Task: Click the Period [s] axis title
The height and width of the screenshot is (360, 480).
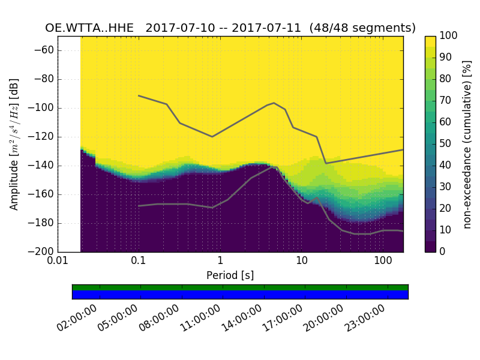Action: (230, 275)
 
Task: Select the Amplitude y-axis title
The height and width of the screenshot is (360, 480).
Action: (14, 144)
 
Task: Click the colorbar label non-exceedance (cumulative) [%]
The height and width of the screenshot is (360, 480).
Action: (467, 144)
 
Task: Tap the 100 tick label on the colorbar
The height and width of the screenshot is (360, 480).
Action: (449, 36)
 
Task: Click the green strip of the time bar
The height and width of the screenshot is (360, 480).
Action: (240, 287)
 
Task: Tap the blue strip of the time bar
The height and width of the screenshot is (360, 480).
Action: (240, 295)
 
